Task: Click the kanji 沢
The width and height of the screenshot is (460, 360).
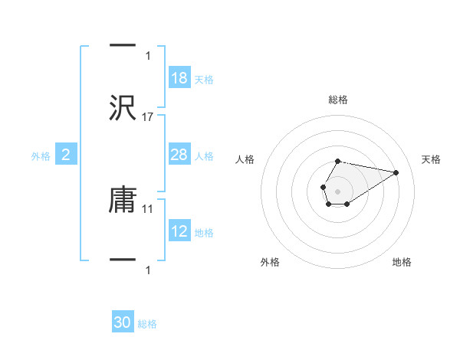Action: (123, 108)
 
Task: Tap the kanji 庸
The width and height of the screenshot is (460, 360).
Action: (123, 200)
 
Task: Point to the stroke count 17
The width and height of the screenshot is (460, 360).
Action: (149, 117)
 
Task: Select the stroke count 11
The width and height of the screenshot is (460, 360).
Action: (149, 208)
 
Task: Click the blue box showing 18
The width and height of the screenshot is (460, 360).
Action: (179, 78)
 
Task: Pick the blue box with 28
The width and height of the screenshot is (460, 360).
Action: (179, 155)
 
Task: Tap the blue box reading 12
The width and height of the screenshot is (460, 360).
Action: (179, 232)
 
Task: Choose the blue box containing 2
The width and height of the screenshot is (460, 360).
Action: (66, 155)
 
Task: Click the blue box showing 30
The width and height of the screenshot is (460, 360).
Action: (123, 323)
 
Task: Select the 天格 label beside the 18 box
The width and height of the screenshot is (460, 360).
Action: (204, 80)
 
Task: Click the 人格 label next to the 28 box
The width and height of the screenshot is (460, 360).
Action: (204, 156)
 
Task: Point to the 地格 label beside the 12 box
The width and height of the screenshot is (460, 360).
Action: (204, 233)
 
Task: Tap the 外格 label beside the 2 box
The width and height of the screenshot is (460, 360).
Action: (41, 156)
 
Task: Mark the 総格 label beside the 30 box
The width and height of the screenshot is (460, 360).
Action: (147, 324)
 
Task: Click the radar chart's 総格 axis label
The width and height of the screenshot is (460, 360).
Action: (338, 100)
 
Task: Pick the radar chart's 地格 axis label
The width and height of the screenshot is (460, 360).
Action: (402, 262)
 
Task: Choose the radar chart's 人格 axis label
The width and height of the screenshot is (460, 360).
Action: (245, 159)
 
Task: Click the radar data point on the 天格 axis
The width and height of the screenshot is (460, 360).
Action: (396, 172)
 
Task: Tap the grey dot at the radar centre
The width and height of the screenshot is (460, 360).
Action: (337, 190)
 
